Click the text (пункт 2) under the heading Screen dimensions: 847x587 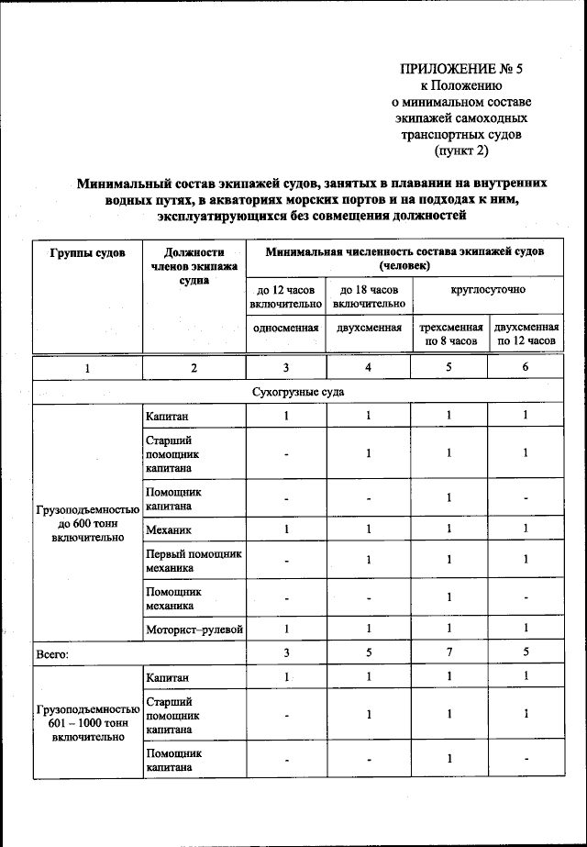(461, 150)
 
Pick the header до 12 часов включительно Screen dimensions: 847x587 (285, 296)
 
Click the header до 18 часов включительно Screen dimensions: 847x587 (369, 296)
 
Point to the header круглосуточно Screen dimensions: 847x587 (488, 290)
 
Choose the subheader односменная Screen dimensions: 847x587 (285, 328)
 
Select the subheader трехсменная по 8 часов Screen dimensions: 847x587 (449, 334)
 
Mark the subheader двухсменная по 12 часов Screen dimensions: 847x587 (526, 334)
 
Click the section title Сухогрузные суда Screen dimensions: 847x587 (299, 392)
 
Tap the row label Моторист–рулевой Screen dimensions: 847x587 (194, 630)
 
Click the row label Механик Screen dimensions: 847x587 (169, 529)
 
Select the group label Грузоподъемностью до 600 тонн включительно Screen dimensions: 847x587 (88, 523)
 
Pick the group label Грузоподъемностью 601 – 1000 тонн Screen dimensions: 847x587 (88, 722)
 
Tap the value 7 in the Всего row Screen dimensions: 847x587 (449, 654)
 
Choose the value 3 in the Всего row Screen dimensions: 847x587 (285, 654)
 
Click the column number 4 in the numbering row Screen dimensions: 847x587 (369, 368)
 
